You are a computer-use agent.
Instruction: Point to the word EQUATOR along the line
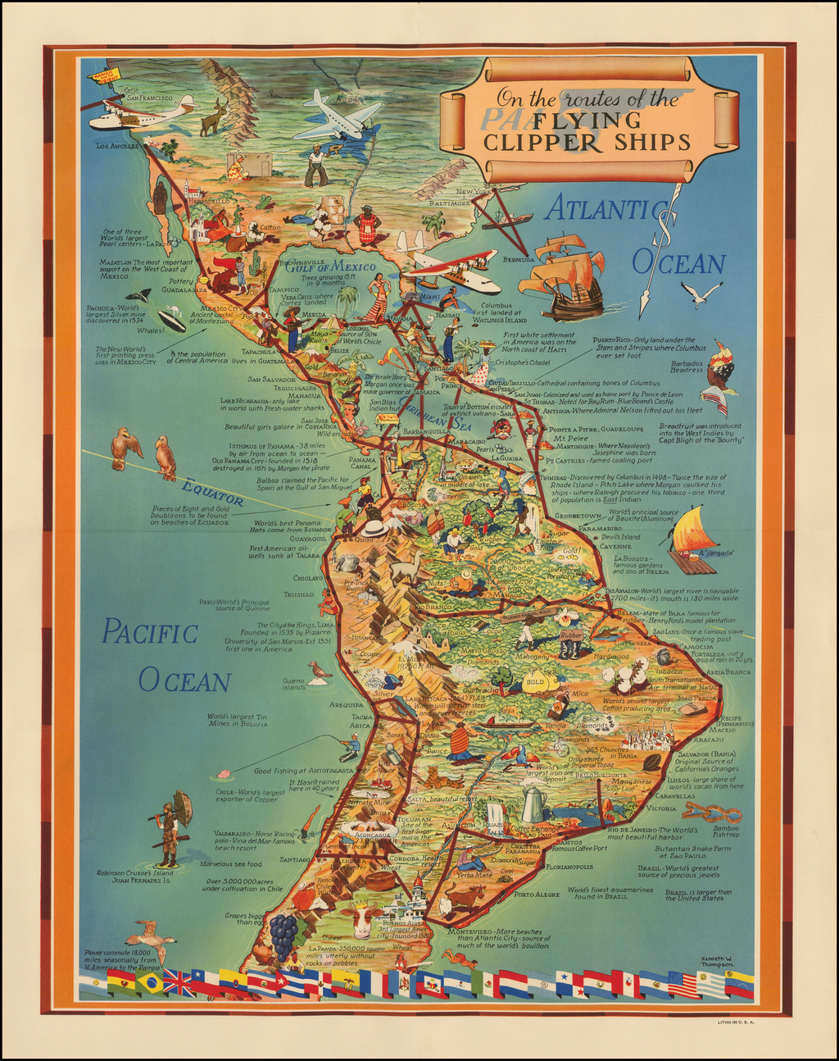point(213,492)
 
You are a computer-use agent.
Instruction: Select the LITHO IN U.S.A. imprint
point(732,1022)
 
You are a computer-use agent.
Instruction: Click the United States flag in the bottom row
point(683,984)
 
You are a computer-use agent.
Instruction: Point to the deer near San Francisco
point(215,116)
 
